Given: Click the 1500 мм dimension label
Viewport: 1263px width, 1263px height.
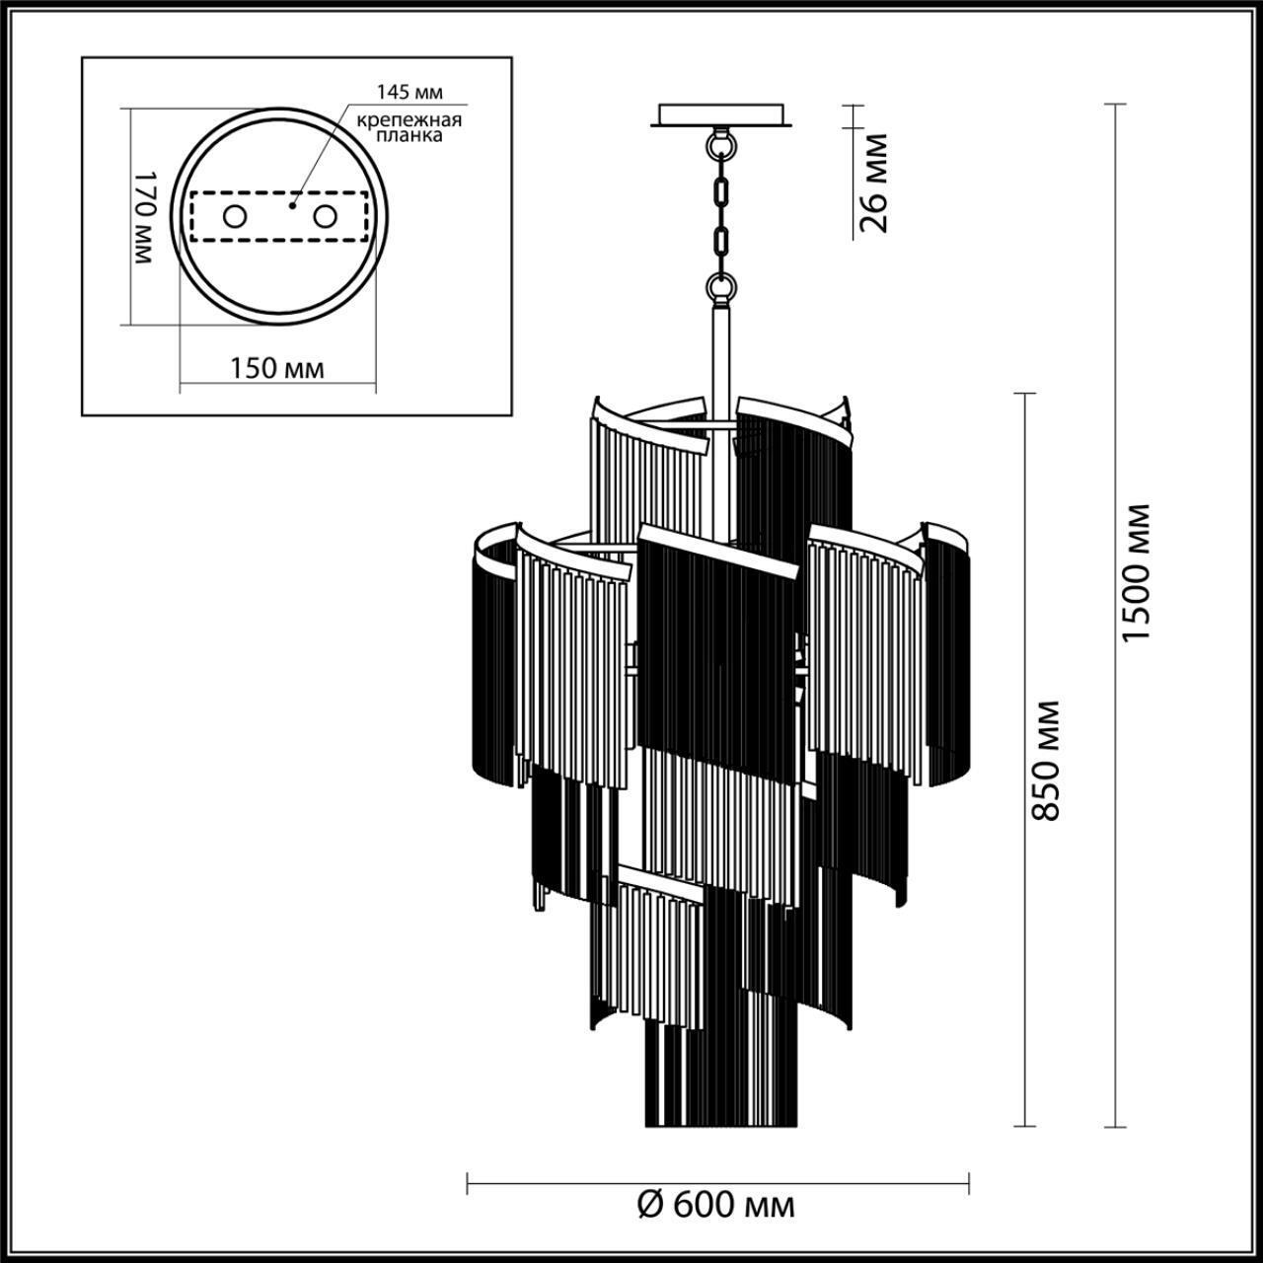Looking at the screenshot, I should point(1137,572).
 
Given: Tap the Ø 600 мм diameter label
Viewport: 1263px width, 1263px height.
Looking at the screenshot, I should point(716,1205).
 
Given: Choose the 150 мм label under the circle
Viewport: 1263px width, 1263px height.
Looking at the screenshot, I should point(276,368).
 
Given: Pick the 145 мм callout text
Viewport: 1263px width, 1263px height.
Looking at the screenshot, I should point(409,92).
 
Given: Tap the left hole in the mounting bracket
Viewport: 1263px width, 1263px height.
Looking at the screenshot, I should point(234,217).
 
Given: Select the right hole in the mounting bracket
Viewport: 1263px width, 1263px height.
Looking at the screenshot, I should point(325,216).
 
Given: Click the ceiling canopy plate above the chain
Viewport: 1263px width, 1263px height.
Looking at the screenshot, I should point(722,115).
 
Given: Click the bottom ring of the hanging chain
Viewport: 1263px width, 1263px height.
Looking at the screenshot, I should point(722,287).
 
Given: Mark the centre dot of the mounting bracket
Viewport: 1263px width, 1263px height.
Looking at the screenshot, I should point(292,207).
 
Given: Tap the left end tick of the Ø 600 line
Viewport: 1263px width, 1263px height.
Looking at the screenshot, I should point(468,1181).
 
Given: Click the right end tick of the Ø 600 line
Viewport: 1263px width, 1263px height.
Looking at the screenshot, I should point(969,1181).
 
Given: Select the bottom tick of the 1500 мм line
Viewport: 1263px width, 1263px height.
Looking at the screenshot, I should point(1116,1126).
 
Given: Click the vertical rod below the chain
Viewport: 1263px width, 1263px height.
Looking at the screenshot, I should point(721,355).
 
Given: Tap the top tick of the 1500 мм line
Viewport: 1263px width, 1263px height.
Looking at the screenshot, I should point(1116,104).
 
